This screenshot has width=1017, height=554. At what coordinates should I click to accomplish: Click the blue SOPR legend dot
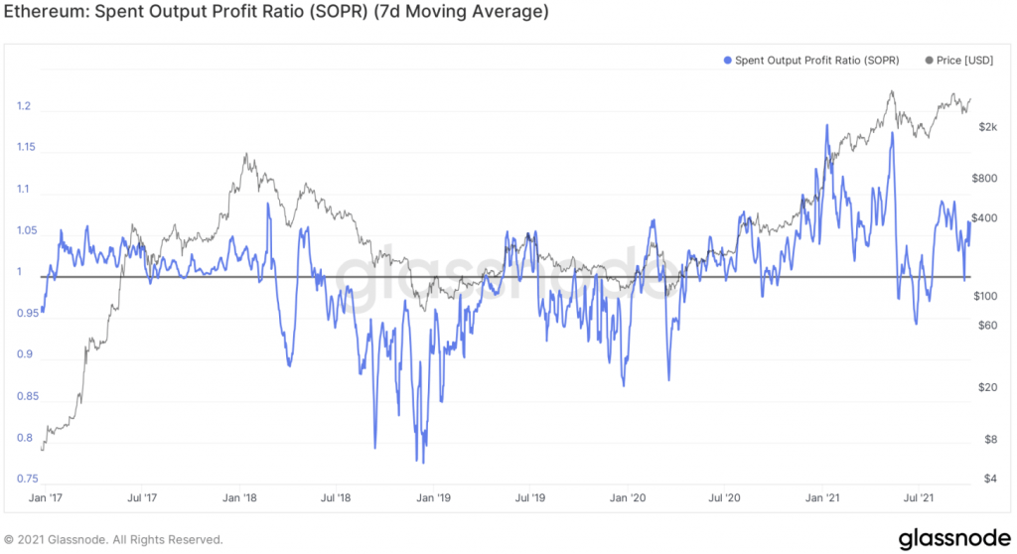(728, 61)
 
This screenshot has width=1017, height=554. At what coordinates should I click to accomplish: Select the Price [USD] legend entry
(962, 61)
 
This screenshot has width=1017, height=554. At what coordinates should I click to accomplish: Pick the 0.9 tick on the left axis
(24, 354)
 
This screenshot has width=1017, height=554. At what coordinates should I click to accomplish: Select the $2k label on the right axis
(987, 127)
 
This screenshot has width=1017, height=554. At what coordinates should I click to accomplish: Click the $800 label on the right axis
(983, 179)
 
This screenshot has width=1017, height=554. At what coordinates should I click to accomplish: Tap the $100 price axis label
(983, 297)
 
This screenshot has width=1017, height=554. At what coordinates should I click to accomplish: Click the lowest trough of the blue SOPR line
(423, 462)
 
